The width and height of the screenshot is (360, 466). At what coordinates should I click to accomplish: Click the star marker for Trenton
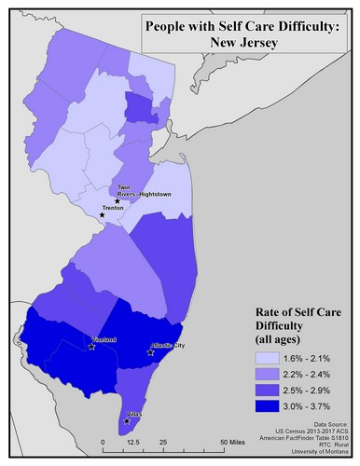102,214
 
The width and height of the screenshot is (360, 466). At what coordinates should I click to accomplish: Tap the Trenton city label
114,209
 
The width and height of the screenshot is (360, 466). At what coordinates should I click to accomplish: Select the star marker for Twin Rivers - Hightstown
117,201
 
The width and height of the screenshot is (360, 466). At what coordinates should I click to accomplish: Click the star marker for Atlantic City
151,352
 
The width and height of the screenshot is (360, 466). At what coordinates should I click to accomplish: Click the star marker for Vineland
91,347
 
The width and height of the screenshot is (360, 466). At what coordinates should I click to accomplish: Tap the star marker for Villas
127,421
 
